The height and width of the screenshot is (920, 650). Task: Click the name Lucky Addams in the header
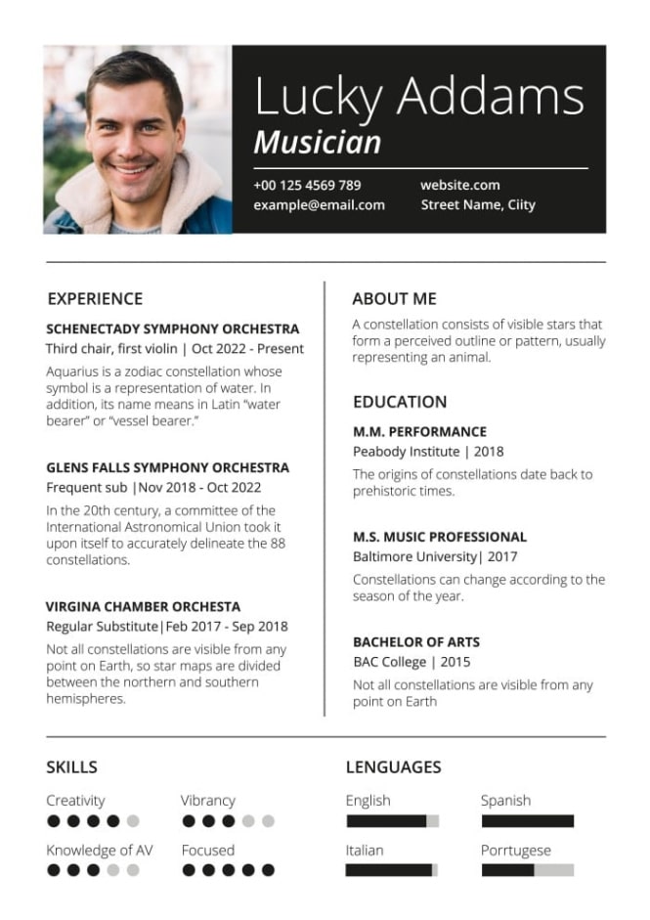(x=418, y=97)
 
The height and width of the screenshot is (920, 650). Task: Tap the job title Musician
(x=317, y=143)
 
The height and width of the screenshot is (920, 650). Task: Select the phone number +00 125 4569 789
(x=307, y=185)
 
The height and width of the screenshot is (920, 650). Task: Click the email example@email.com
(x=319, y=205)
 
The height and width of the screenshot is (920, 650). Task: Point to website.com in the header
(x=459, y=185)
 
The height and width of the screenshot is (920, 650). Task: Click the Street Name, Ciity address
(x=478, y=205)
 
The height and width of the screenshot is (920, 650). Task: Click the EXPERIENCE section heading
(x=95, y=299)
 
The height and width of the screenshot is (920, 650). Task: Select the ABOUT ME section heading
(x=394, y=299)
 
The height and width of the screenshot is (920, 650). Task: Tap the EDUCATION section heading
(x=400, y=402)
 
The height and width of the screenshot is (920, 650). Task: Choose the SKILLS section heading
(x=71, y=767)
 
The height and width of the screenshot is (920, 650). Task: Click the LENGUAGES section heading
(x=393, y=767)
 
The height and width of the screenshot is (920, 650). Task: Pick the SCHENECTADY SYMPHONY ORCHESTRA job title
(x=173, y=329)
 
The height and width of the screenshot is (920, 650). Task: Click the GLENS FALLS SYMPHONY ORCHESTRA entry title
(x=167, y=468)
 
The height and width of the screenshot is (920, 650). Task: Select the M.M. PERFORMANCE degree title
(x=419, y=432)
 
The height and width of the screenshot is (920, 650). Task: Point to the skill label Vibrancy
(x=208, y=801)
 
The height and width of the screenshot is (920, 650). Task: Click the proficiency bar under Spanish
(x=527, y=821)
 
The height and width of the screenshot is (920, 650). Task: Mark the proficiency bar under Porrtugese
(x=527, y=870)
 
